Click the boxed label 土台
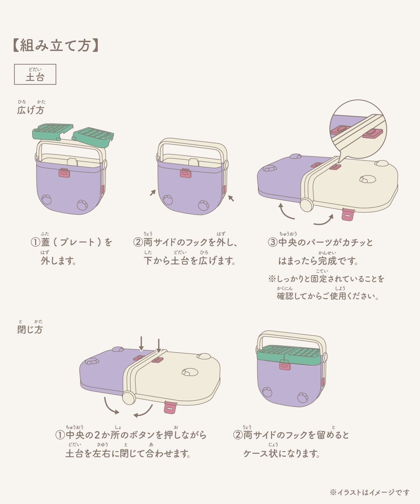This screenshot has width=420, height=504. click(x=35, y=74)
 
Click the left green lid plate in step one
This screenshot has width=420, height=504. click(x=53, y=131)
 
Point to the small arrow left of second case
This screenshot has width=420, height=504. click(x=153, y=193)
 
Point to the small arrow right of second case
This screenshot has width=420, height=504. click(x=231, y=198)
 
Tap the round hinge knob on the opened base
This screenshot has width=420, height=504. click(x=306, y=205)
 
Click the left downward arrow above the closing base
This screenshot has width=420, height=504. click(x=141, y=344)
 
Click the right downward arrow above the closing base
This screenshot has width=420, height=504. click(x=159, y=346)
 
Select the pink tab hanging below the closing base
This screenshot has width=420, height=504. click(x=170, y=407)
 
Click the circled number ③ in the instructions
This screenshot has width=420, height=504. click(x=272, y=242)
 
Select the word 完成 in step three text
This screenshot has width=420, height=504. click(x=327, y=261)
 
